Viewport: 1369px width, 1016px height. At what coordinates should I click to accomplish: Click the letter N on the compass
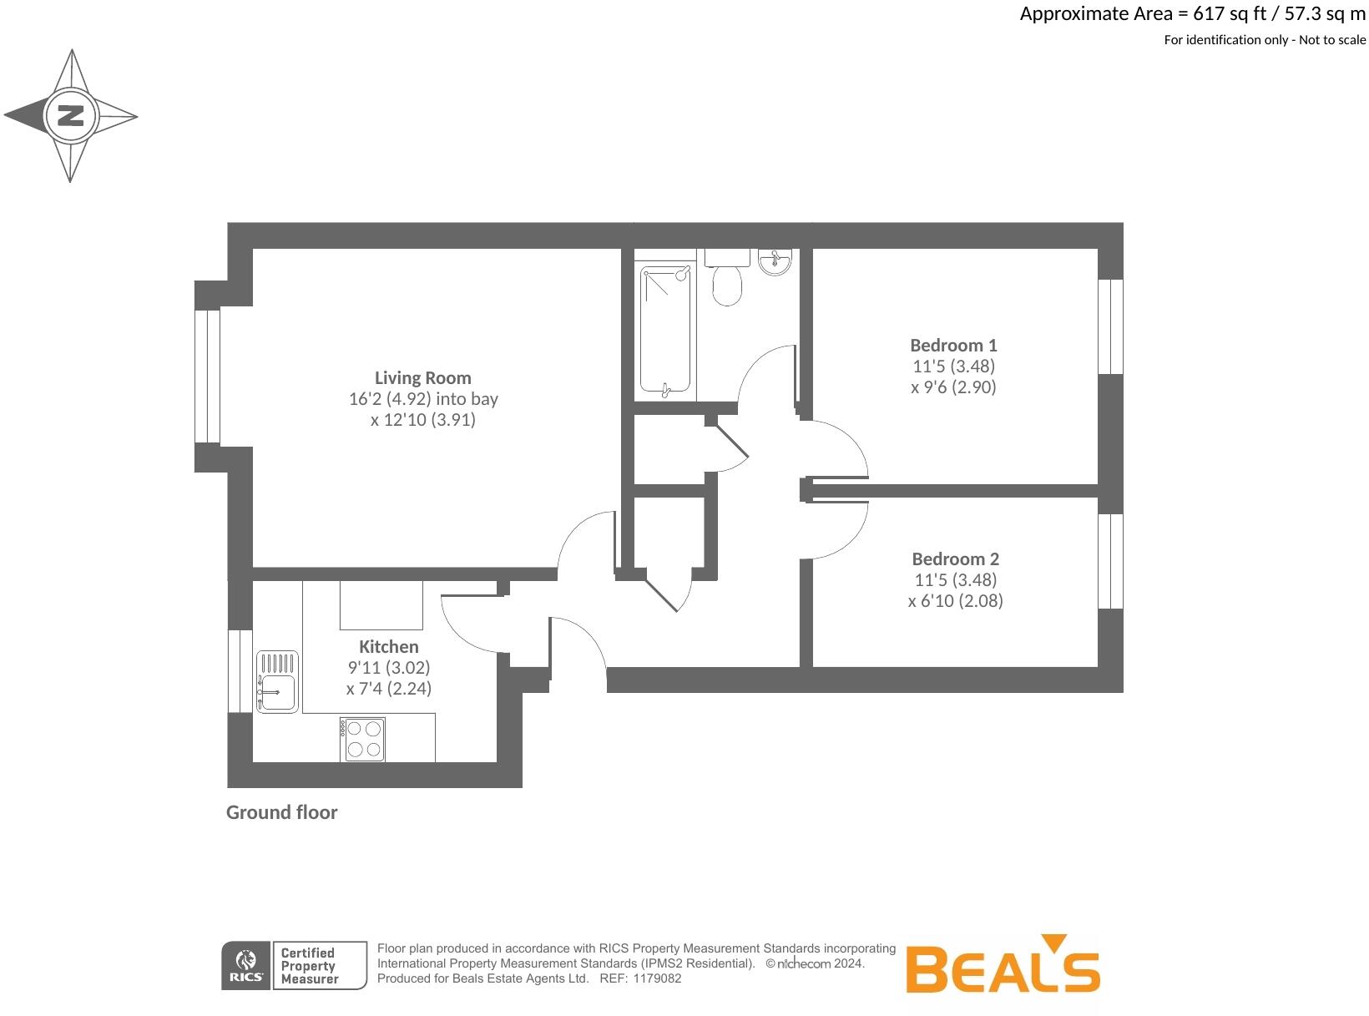(x=71, y=115)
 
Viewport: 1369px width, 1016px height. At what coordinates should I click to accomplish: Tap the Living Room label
(x=422, y=377)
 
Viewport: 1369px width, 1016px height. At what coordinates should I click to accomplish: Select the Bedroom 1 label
(x=953, y=345)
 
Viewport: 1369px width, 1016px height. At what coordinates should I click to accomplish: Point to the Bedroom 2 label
(x=955, y=559)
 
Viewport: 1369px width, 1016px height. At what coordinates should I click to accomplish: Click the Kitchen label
(x=388, y=646)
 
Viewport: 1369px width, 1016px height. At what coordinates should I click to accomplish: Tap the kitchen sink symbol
(x=277, y=681)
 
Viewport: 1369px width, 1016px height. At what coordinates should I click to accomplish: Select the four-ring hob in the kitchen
(x=363, y=739)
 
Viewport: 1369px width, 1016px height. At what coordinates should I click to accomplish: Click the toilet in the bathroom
(x=727, y=279)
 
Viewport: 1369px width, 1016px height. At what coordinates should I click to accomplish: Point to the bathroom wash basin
(x=775, y=262)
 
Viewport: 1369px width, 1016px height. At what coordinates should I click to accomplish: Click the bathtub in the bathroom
(x=666, y=330)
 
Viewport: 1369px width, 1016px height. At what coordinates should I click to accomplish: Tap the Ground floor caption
(x=281, y=812)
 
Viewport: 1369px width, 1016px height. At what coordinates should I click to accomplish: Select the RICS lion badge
(x=246, y=966)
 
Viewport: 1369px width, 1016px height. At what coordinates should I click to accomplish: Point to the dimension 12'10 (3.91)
(x=422, y=420)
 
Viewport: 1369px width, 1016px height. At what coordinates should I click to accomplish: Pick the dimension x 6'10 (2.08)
(x=955, y=600)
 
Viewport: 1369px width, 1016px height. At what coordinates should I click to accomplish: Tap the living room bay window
(x=207, y=376)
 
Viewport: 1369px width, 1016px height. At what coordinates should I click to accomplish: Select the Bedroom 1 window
(x=1110, y=326)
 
